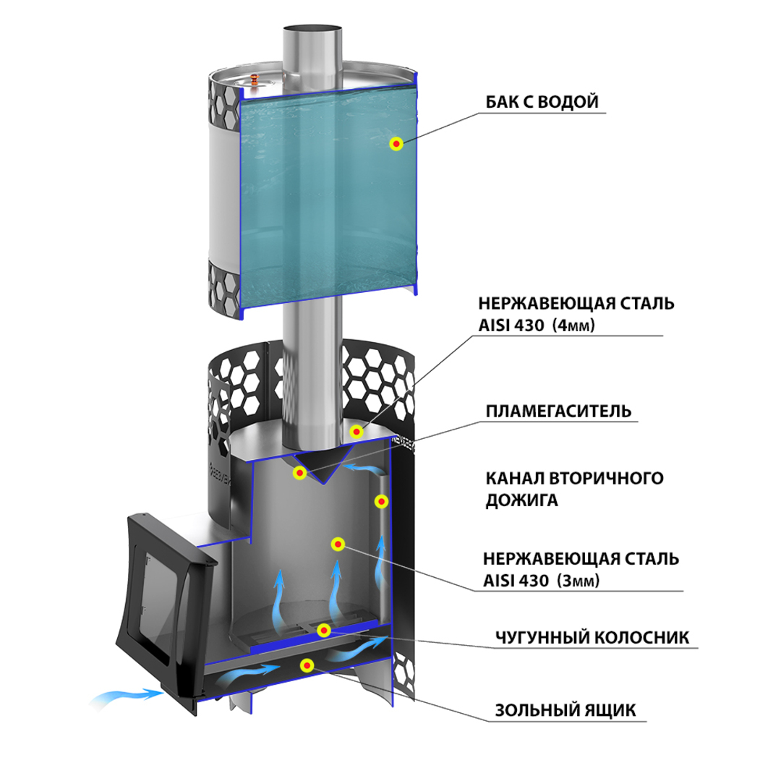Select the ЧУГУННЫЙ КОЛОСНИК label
(x=592, y=637)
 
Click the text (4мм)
(x=573, y=326)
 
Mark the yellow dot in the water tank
(x=396, y=143)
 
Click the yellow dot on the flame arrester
(x=298, y=473)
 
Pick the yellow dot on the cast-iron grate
(x=324, y=631)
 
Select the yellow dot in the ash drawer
(x=307, y=665)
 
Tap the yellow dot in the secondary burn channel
(x=380, y=500)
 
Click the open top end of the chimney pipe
(x=312, y=31)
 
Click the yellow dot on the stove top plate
(x=356, y=431)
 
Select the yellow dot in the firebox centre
(x=336, y=544)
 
